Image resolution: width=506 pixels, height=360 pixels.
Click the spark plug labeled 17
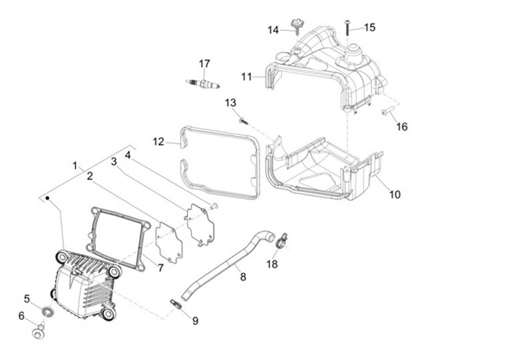[203, 84]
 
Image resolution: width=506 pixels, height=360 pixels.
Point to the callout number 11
[247, 76]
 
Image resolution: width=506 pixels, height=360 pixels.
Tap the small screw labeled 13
[243, 120]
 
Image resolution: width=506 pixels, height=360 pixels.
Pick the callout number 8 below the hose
[243, 278]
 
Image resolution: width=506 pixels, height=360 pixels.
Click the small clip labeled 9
[176, 303]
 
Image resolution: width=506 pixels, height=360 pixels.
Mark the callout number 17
[205, 64]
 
